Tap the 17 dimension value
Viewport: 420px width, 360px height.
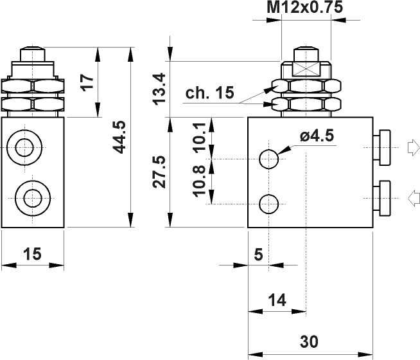tap(88, 81)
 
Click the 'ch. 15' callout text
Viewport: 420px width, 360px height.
tap(210, 93)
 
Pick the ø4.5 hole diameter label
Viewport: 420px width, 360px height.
tap(318, 136)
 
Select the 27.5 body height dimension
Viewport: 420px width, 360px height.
tap(160, 171)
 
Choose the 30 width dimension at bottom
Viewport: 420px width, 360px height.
tap(310, 341)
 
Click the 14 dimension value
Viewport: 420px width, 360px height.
tap(277, 299)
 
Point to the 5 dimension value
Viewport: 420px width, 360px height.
tap(258, 255)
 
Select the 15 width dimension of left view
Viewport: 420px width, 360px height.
tap(32, 254)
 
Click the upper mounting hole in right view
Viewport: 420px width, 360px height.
tap(269, 157)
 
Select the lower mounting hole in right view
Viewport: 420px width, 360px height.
tap(269, 204)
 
